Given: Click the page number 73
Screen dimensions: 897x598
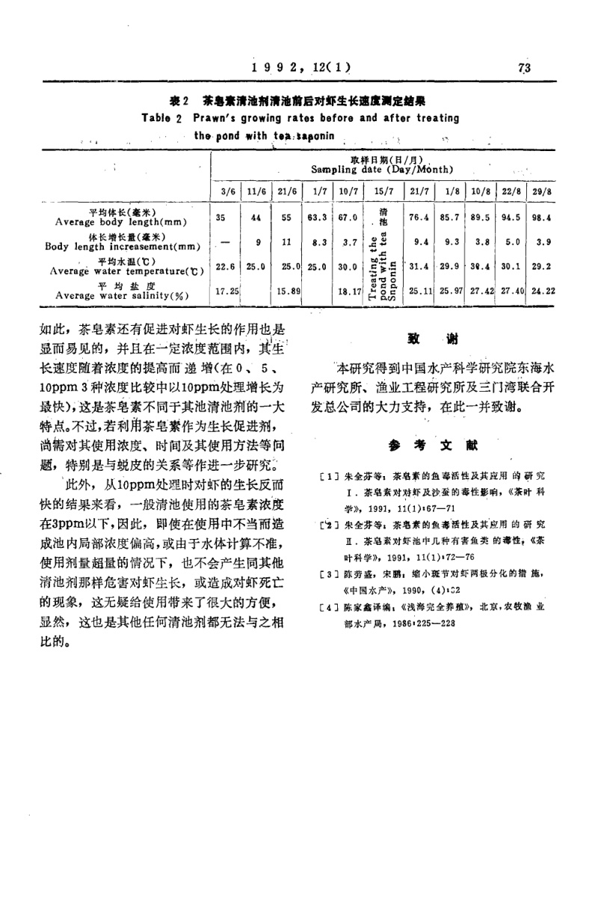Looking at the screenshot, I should coord(523,69).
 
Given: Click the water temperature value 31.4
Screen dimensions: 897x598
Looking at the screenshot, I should coord(416,266).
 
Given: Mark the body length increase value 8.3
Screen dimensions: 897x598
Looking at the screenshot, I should coord(319,241).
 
